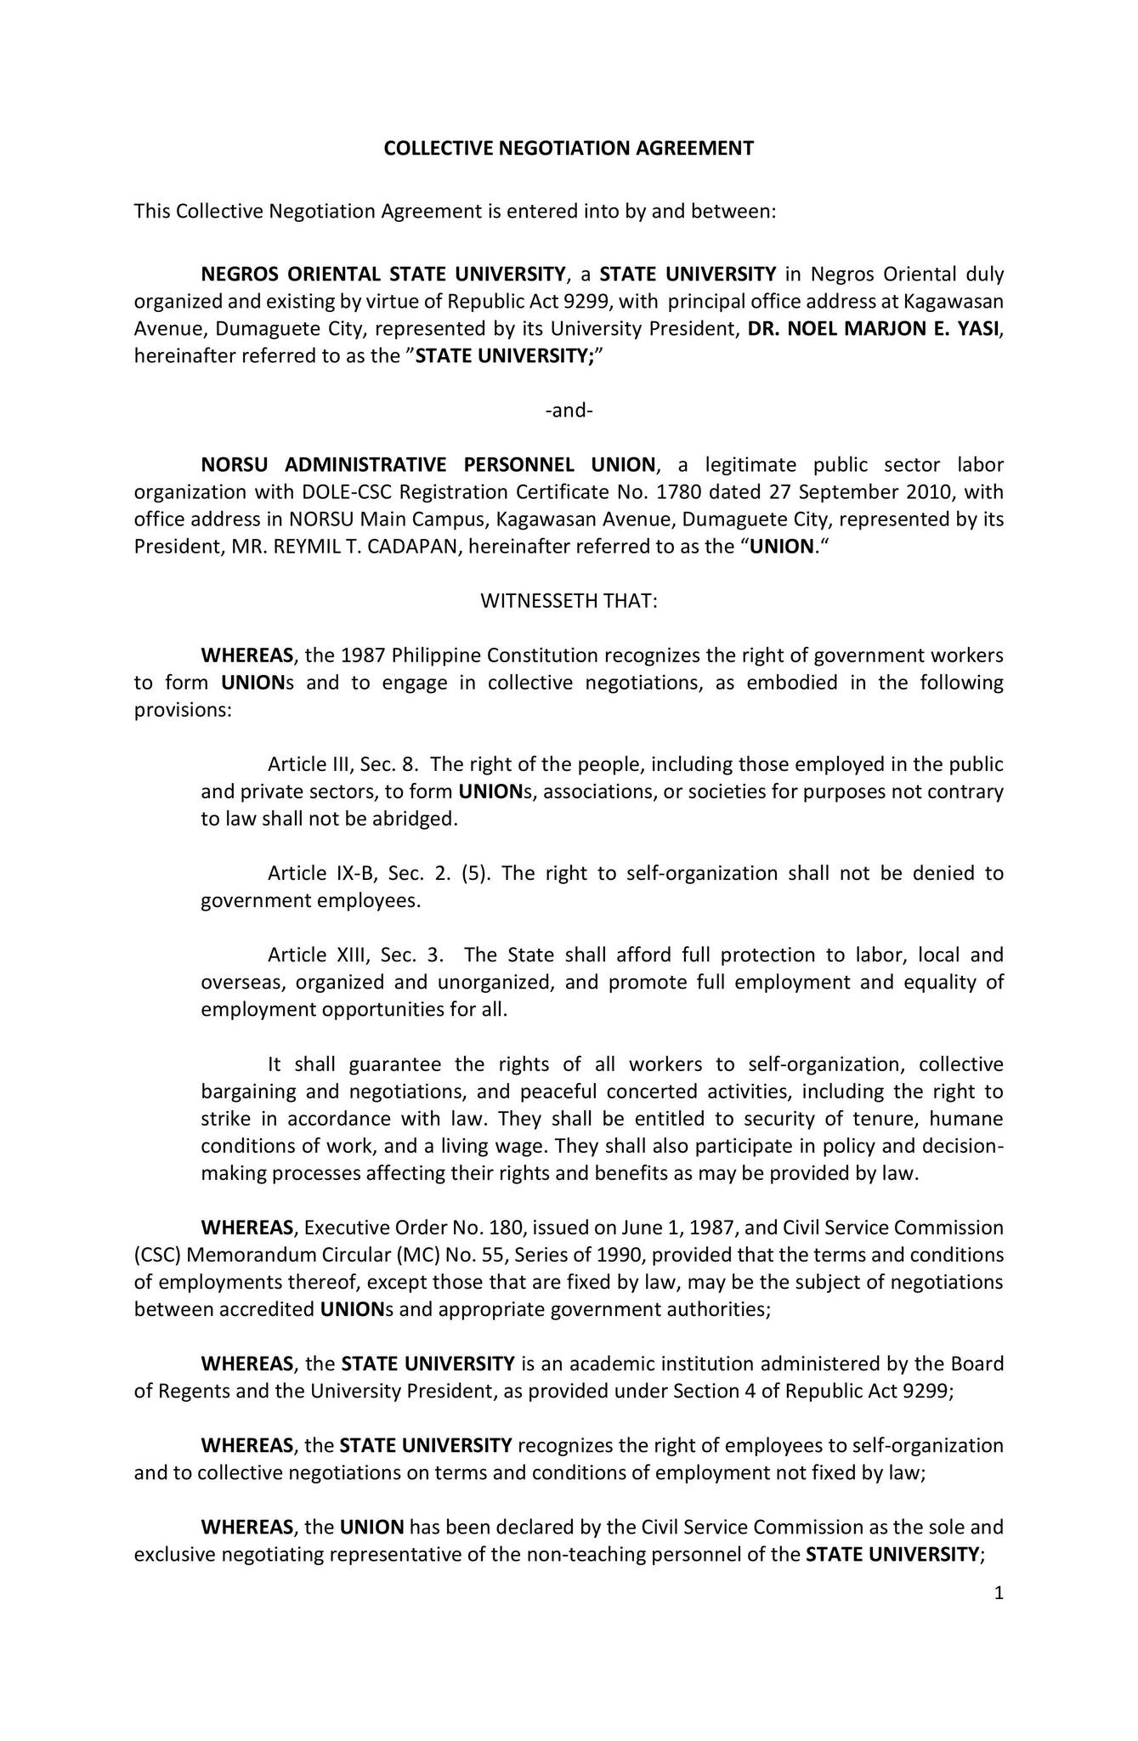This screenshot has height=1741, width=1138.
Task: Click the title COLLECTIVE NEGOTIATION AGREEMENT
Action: pyautogui.click(x=569, y=149)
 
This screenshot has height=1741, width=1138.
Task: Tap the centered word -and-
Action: pyautogui.click(x=569, y=411)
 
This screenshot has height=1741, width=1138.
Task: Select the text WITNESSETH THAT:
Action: pyautogui.click(x=569, y=601)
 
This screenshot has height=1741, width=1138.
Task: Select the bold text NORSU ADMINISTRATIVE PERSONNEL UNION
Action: pyautogui.click(x=428, y=465)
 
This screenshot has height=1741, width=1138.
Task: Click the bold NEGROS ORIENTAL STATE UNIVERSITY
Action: pyautogui.click(x=383, y=275)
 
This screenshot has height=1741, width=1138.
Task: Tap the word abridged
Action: pyautogui.click(x=418, y=819)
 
